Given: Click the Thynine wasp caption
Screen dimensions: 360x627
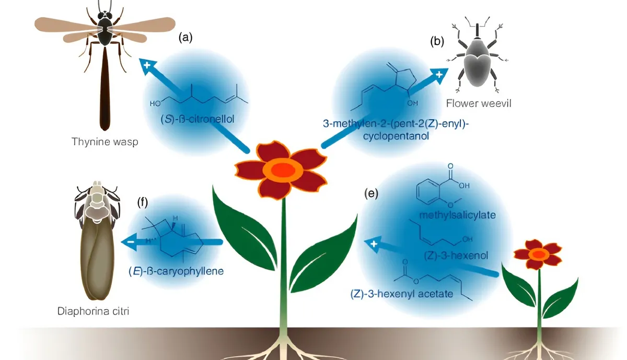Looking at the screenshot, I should tap(104, 142).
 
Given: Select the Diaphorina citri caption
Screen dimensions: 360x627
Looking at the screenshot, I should tap(94, 311).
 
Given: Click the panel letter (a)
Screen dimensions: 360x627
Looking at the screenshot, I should tap(185, 38).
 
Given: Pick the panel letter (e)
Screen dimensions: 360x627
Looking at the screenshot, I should tap(370, 194).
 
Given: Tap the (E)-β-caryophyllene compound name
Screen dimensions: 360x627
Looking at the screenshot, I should tap(169, 272).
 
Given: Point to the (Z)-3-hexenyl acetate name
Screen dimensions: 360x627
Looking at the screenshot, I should tap(401, 294).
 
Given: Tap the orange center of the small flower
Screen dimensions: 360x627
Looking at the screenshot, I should tap(538, 254).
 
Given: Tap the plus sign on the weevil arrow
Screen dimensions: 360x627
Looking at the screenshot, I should tap(439, 74).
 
